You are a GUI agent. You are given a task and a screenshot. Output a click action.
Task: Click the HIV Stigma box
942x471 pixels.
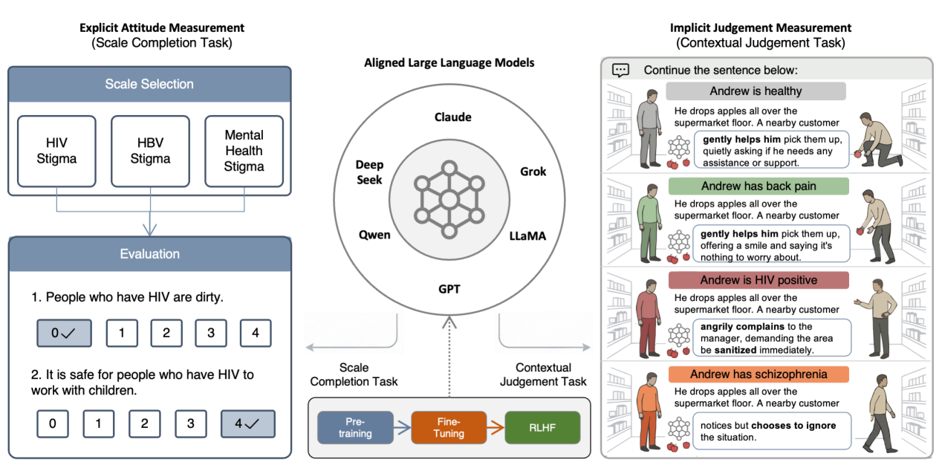point(56,151)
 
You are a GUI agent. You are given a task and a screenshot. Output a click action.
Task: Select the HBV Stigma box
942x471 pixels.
point(150,151)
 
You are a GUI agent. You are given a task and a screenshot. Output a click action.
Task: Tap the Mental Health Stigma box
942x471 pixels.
point(244,151)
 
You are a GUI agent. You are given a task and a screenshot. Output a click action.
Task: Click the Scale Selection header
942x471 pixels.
point(150,84)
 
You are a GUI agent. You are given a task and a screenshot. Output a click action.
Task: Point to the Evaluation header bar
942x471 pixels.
point(150,254)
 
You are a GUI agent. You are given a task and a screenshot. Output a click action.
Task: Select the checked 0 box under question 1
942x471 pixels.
point(64,333)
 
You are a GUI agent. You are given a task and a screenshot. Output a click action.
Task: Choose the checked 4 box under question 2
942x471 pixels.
point(248,424)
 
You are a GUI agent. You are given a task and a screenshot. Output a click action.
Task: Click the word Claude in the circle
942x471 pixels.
point(453,117)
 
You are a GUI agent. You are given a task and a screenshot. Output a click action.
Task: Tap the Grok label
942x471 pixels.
point(533,172)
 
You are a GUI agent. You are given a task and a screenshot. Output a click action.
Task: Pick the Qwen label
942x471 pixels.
point(374,235)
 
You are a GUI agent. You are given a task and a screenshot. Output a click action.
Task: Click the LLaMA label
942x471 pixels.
point(527,236)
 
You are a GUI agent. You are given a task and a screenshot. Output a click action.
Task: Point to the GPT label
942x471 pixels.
point(449,289)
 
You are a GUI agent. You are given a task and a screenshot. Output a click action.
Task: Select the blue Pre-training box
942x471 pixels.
point(355,428)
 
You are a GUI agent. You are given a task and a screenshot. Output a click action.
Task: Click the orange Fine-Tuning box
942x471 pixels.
point(449,428)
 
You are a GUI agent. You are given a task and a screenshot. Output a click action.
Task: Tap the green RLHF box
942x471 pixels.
point(542,428)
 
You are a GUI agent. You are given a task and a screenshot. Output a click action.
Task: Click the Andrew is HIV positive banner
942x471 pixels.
point(759,280)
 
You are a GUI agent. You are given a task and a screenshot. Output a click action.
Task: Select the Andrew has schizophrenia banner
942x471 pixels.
point(759,374)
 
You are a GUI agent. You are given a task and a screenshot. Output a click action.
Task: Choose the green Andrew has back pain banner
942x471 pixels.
point(759,186)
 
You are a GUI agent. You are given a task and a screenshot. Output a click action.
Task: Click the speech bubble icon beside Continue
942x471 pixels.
point(621,71)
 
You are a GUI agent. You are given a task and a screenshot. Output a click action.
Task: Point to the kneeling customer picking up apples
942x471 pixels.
point(878,141)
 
